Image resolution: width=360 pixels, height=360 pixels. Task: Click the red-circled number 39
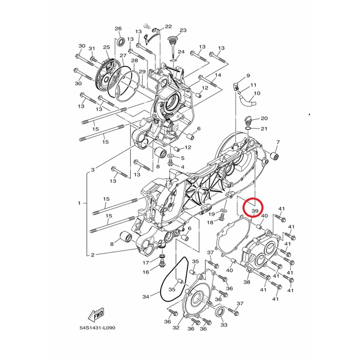(255, 211)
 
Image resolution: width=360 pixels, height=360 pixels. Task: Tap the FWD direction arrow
(96, 314)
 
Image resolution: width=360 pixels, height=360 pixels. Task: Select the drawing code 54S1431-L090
(97, 328)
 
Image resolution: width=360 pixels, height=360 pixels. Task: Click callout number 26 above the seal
(118, 29)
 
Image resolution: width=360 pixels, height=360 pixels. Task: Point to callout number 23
(183, 30)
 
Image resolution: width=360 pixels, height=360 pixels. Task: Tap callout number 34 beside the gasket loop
(146, 297)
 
